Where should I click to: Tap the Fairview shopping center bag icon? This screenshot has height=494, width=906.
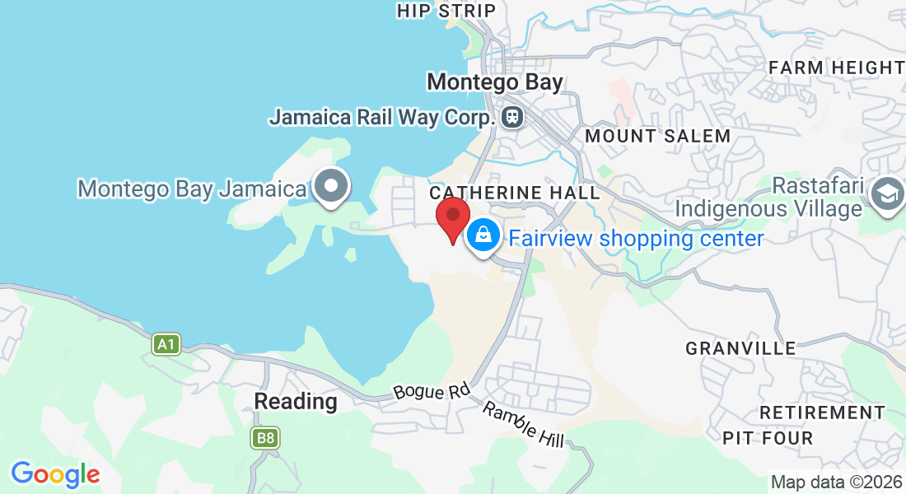click(484, 236)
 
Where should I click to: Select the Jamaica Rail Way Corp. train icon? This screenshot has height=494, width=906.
click(512, 116)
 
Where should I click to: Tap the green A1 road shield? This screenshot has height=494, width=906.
click(166, 343)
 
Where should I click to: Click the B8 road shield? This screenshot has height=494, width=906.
click(265, 438)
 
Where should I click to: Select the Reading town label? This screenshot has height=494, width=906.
click(296, 402)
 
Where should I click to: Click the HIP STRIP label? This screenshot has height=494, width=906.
click(446, 11)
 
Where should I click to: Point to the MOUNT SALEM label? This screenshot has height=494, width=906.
click(658, 136)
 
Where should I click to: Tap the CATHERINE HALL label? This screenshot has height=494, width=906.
click(515, 192)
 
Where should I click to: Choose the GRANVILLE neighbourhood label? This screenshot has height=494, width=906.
click(740, 348)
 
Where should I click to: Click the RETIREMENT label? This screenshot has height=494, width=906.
click(822, 412)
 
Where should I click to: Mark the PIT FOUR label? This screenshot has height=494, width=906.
click(768, 438)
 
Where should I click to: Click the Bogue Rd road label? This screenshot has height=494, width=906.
click(431, 391)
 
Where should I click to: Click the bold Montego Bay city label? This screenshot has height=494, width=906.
click(495, 82)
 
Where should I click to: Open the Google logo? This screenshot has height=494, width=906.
click(55, 474)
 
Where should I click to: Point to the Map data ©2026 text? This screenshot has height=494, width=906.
click(836, 482)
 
